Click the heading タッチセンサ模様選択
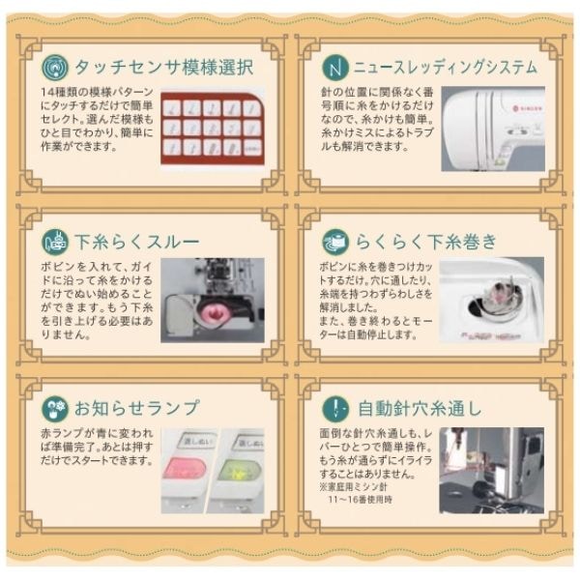(164, 69)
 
